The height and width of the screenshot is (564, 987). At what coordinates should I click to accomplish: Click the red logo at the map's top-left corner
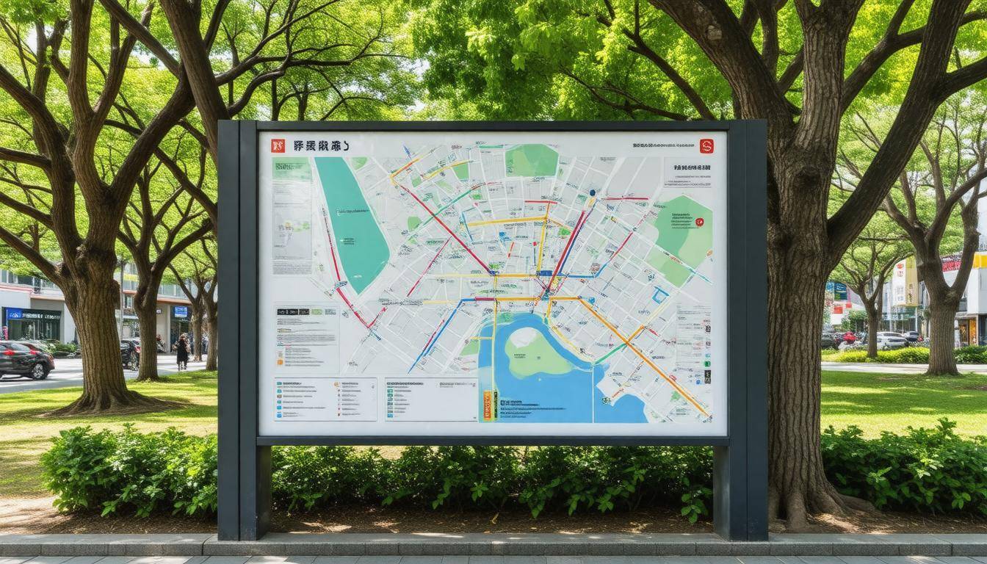[x=278, y=145]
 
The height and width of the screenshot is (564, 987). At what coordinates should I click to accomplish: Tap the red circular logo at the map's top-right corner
[x=706, y=145]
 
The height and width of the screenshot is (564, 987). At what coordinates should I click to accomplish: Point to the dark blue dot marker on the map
[x=592, y=193]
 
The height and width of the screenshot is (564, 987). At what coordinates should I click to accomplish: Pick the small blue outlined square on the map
[x=660, y=295]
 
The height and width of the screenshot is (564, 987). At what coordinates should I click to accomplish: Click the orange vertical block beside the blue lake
[x=486, y=405]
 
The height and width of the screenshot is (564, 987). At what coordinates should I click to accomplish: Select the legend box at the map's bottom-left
[x=325, y=399]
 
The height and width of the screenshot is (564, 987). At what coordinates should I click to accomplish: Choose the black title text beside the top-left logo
[x=320, y=145]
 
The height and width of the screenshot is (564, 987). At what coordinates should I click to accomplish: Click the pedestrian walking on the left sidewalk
[x=181, y=351]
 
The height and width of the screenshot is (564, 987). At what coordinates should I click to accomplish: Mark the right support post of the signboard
[x=748, y=330]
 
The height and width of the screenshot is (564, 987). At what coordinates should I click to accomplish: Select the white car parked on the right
[x=891, y=340]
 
